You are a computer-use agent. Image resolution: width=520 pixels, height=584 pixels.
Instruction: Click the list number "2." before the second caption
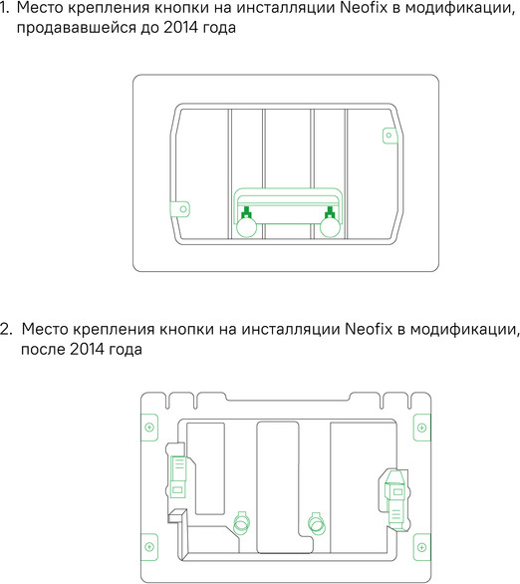click(x=7, y=329)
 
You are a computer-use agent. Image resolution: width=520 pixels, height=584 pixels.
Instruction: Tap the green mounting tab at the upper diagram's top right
click(x=389, y=134)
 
